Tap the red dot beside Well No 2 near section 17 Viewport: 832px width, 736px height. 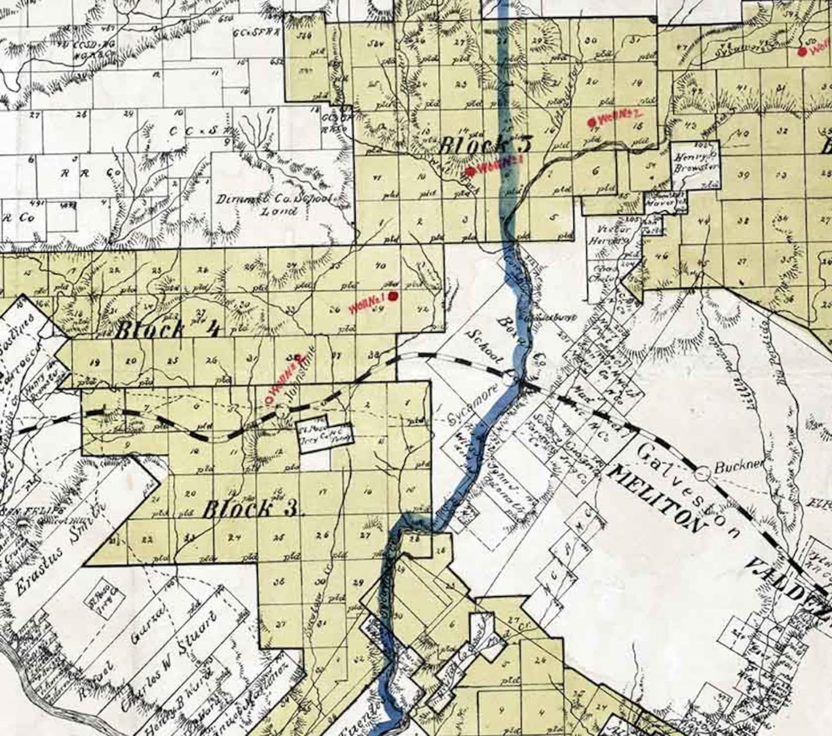pos(594,121)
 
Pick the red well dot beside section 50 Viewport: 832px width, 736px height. pos(802,51)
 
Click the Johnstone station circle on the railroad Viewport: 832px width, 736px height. pos(282,410)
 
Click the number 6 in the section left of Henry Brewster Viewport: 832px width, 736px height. pos(596,171)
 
